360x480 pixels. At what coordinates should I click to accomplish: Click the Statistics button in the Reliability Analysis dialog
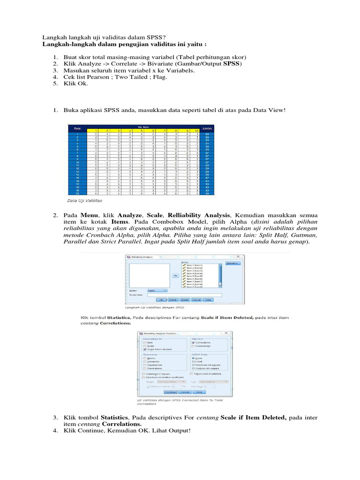[233, 263]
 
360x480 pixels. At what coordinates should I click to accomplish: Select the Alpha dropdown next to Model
[157, 291]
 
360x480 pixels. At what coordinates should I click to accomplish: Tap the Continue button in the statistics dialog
[171, 391]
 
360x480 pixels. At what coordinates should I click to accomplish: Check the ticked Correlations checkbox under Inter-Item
[193, 342]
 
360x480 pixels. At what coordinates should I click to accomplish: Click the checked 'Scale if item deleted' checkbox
[145, 349]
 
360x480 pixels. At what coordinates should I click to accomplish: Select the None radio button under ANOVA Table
[193, 358]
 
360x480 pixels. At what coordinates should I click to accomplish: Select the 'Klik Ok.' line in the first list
[75, 83]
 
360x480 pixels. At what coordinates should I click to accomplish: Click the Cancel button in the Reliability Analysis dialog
[196, 300]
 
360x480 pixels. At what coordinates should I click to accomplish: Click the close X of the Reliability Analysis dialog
[240, 256]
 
